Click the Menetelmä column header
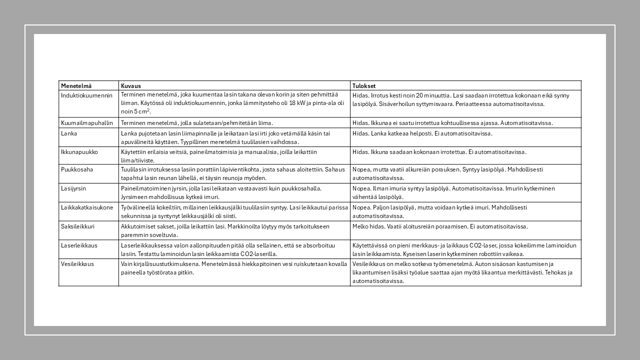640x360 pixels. tap(76, 86)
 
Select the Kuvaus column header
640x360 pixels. tap(131, 86)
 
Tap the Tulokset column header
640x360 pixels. tap(364, 86)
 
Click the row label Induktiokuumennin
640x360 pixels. tap(86, 95)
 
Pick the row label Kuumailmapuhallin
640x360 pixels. tap(87, 123)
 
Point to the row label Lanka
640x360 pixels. tap(69, 133)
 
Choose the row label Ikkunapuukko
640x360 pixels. tap(79, 152)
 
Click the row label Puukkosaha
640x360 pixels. tap(77, 169)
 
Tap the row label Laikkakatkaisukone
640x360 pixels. tap(87, 207)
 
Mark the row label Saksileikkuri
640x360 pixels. tap(77, 226)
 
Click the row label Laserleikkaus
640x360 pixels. tap(79, 245)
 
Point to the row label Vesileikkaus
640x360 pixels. tap(77, 264)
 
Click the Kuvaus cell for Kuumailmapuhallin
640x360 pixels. tap(197, 123)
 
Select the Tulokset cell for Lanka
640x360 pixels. tap(422, 133)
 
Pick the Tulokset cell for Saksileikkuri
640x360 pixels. tap(440, 226)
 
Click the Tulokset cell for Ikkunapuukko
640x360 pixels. tap(439, 152)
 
